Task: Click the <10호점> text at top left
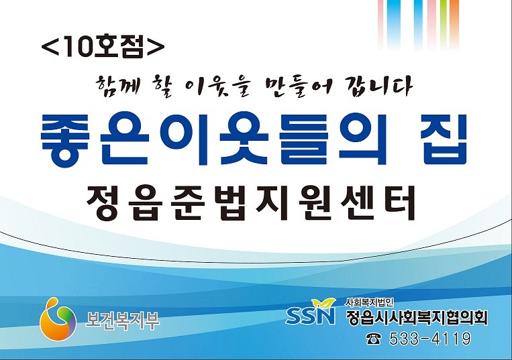(x=103, y=46)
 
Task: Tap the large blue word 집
(x=445, y=139)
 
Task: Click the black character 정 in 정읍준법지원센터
(x=103, y=202)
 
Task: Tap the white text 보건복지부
(x=122, y=320)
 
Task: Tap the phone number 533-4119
(x=429, y=339)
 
